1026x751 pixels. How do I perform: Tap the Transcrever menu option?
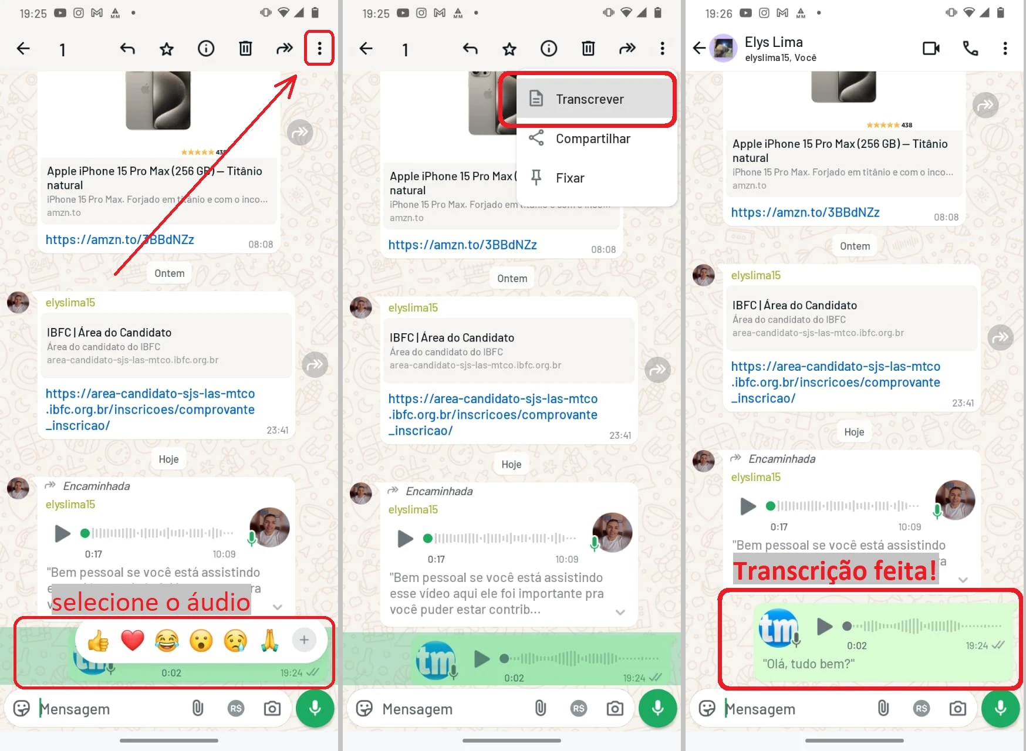(x=589, y=99)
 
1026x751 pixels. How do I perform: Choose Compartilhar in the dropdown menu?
(x=592, y=138)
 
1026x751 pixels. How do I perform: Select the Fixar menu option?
(x=569, y=178)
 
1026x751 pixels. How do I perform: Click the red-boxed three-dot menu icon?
(x=319, y=49)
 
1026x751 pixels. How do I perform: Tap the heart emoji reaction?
(x=133, y=640)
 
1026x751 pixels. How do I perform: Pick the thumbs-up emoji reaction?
(x=98, y=641)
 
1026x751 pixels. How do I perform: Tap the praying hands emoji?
(x=269, y=640)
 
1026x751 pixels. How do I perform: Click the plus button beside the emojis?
(x=304, y=640)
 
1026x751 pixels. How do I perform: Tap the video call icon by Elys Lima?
(x=931, y=49)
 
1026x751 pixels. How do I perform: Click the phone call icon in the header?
(x=970, y=49)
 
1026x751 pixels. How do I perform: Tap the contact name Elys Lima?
(x=774, y=42)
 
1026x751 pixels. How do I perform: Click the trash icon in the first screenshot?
(x=245, y=49)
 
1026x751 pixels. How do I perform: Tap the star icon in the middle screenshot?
(x=509, y=49)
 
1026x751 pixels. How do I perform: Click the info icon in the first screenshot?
(x=206, y=49)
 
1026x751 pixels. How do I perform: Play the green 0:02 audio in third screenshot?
(x=825, y=626)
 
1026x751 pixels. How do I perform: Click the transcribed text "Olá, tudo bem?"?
(x=808, y=664)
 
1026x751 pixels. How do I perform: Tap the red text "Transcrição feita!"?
(x=835, y=570)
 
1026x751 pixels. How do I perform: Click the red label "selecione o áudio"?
(x=151, y=602)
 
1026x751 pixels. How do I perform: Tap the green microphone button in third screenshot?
(x=1000, y=708)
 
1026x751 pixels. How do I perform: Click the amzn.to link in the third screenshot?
(x=805, y=212)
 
